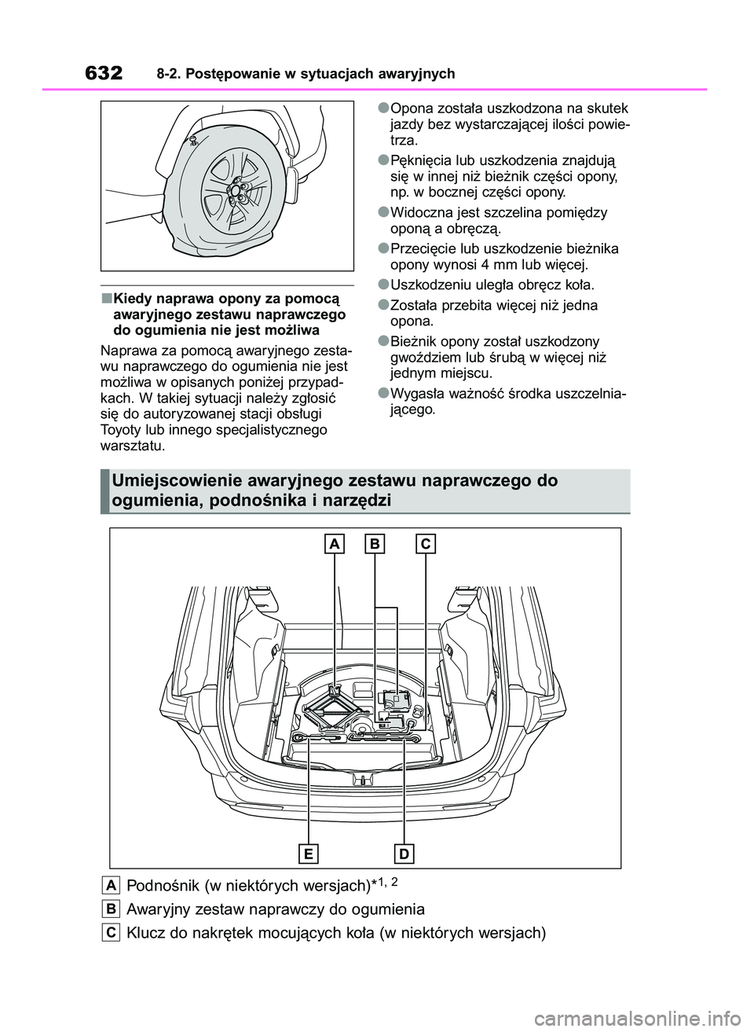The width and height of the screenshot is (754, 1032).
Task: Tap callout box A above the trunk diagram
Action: coord(335,544)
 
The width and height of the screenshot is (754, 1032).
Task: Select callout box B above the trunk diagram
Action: coord(375,544)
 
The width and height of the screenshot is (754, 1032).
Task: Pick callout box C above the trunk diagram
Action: coord(425,544)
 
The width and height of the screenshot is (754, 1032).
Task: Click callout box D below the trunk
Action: coord(404,854)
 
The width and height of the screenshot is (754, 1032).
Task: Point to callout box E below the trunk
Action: coord(309,854)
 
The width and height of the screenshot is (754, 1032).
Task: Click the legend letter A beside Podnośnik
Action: coord(111,885)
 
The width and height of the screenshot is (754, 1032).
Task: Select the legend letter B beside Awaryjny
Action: coord(111,909)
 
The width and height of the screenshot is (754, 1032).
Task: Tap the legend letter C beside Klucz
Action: coord(111,932)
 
